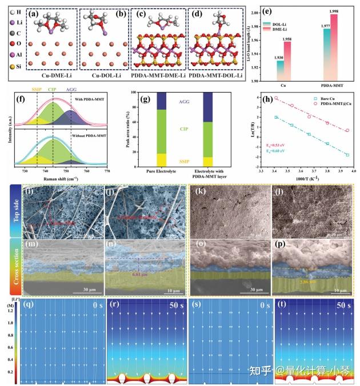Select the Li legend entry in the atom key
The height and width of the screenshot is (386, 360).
click(21, 26)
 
